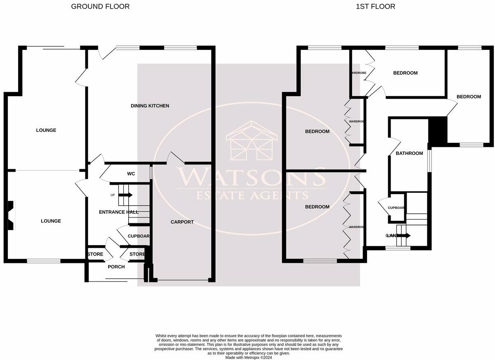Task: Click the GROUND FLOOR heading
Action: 100,7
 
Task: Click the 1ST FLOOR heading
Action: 375,7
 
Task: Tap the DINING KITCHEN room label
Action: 150,106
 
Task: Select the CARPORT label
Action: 182,222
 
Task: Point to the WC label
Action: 131,174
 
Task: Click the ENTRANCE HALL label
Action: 119,212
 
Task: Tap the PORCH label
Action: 116,267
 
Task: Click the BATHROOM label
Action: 409,154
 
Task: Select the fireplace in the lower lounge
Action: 11,215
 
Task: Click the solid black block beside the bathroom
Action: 438,130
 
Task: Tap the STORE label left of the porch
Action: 95,254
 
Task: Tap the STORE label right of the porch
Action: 137,254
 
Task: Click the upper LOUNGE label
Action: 46,130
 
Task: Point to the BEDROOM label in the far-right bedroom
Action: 469,97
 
